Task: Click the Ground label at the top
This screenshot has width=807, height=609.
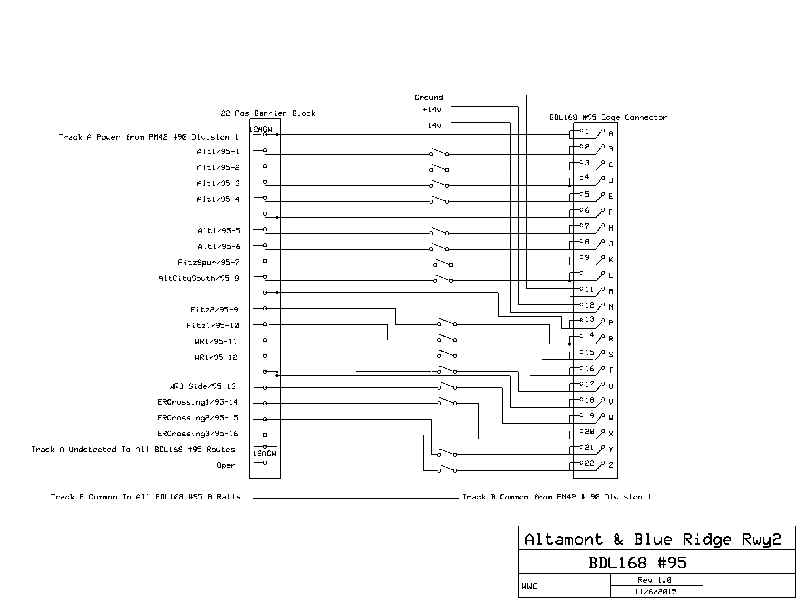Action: [428, 97]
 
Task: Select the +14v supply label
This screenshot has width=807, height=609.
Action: [432, 109]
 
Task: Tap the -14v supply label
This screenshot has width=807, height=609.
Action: [432, 125]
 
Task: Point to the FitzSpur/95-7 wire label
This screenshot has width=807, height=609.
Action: [208, 262]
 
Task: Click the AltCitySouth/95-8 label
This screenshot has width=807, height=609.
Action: [199, 278]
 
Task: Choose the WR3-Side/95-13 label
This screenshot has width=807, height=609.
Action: [203, 386]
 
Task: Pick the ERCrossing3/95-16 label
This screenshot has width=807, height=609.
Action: [198, 433]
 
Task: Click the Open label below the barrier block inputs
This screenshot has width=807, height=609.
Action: [226, 465]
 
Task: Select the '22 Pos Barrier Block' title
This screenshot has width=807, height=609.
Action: [268, 113]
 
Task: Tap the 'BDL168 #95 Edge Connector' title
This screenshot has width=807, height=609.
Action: [608, 117]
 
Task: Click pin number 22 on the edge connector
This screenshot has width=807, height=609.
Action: [589, 463]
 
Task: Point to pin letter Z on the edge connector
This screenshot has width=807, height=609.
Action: [611, 465]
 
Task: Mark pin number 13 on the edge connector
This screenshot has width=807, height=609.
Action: [589, 319]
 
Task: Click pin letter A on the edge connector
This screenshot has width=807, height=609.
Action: [611, 133]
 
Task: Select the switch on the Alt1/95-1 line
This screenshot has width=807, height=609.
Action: [439, 153]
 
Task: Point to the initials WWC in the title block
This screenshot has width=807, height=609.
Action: [529, 586]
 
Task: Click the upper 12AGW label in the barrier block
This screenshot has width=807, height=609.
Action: [261, 129]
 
